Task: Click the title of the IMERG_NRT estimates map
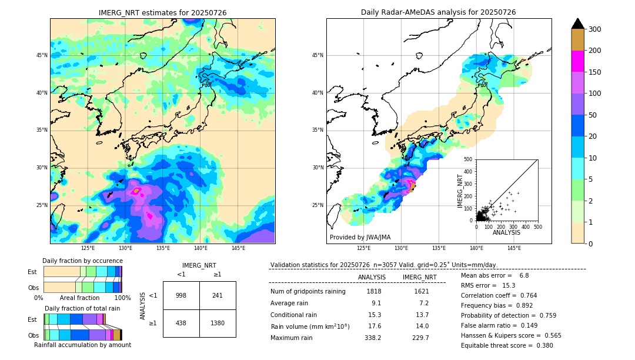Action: [162, 12]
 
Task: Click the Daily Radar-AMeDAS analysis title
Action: [439, 12]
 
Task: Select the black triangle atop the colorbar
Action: [578, 23]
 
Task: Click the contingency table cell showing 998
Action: [181, 295]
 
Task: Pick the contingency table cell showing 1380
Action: [218, 323]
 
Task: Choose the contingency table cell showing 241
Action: [218, 295]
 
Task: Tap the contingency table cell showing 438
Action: [181, 323]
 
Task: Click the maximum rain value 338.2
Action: [372, 338]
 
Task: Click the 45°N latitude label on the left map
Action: [42, 55]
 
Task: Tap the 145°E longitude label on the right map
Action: [514, 248]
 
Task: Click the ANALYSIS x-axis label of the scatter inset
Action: [506, 232]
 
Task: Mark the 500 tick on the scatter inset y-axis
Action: [468, 159]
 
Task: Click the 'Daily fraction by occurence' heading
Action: [82, 261]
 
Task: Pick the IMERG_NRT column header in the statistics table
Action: [419, 277]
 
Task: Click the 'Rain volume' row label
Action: [310, 326]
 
